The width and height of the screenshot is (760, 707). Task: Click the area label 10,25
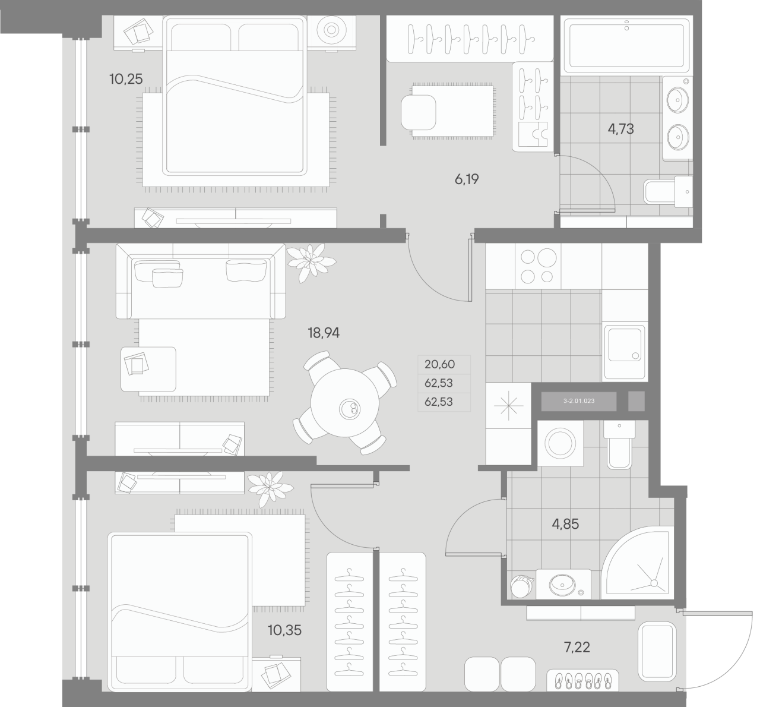click(x=126, y=78)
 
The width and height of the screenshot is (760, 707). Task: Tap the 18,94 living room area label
click(x=324, y=333)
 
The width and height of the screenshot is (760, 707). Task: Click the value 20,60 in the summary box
click(x=438, y=364)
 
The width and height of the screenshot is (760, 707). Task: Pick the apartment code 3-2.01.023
click(x=579, y=401)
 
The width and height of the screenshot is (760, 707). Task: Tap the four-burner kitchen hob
click(x=537, y=266)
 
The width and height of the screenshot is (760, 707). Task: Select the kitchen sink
click(x=624, y=352)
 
